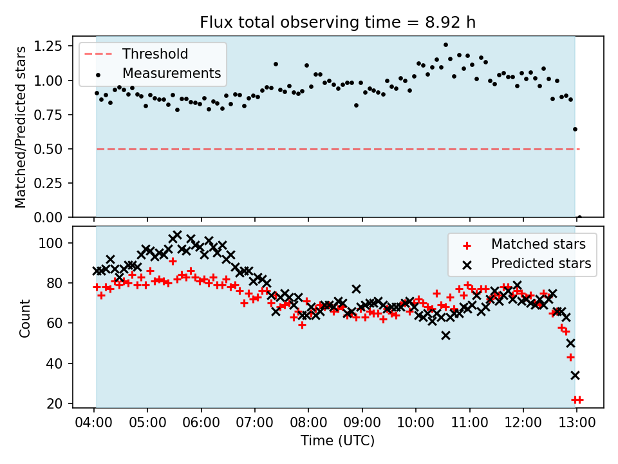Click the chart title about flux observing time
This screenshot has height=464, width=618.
(x=338, y=23)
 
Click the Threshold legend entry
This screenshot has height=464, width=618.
(x=155, y=53)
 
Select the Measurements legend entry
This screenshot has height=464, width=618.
(x=171, y=73)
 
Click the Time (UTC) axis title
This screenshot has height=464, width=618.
(x=337, y=441)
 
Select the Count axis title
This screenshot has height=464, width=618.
(x=25, y=318)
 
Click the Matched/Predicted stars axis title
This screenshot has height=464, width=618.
(x=21, y=127)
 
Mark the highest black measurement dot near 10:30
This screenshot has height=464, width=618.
(x=445, y=45)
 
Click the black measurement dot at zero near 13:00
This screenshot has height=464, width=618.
(x=579, y=217)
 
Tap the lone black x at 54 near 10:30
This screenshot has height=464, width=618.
(x=445, y=335)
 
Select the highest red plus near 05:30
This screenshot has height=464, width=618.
(x=173, y=261)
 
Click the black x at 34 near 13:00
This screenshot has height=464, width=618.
(x=575, y=375)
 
